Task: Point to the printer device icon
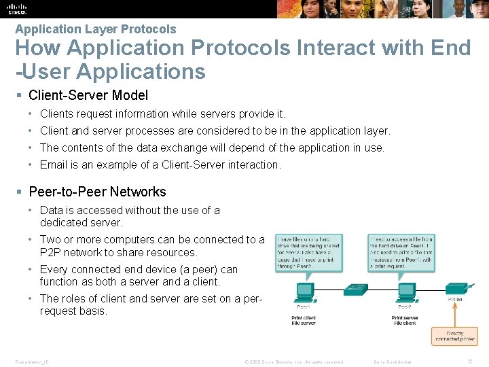[456, 286]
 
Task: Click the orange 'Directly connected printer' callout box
[454, 335]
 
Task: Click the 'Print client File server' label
[304, 321]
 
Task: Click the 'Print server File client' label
[405, 321]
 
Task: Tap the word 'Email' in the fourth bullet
[53, 164]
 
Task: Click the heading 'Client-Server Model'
[88, 95]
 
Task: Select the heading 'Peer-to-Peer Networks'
[97, 192]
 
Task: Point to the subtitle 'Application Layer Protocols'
[95, 29]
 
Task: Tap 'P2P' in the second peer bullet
[51, 252]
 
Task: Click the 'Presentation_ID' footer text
[31, 362]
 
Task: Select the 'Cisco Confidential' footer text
[393, 362]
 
